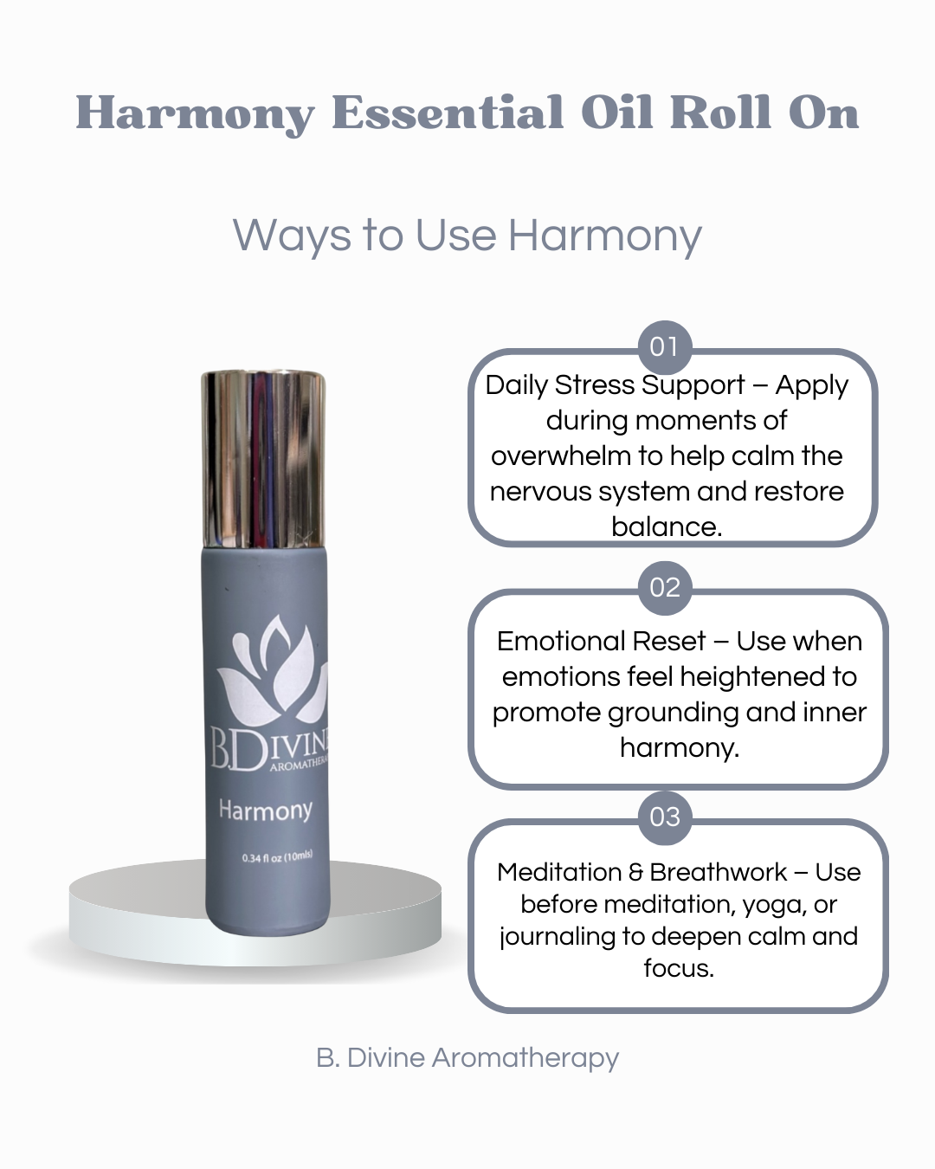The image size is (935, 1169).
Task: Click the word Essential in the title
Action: coord(448,113)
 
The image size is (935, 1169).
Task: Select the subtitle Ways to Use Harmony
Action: coord(467,236)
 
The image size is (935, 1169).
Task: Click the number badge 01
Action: coord(664,346)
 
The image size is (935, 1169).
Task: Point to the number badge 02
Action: coord(664,588)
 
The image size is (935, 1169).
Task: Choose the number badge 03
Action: coord(664,817)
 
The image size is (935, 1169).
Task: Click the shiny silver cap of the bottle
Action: coord(263,459)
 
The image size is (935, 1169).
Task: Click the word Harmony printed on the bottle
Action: coord(265,811)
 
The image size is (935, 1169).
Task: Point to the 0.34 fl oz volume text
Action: coord(277,857)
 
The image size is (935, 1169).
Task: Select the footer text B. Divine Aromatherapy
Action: coord(467,1058)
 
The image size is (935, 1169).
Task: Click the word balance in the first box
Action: coord(666,526)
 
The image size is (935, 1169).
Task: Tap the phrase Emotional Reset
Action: coord(601,642)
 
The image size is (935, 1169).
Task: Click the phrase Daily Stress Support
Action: coord(615,385)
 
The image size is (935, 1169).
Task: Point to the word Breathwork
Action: coord(718,873)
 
